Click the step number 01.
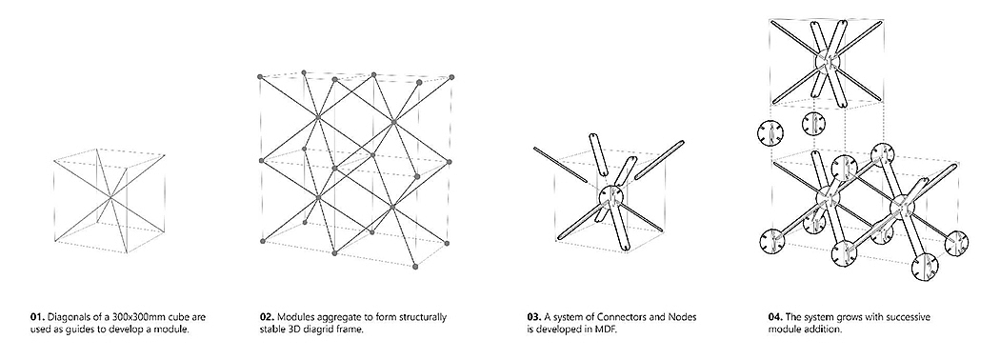(x=36, y=317)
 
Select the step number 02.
(x=267, y=317)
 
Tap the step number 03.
(x=533, y=317)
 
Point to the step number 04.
(x=775, y=317)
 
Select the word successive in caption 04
(x=909, y=317)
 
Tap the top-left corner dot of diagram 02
(x=260, y=77)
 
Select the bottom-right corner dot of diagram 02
(x=416, y=266)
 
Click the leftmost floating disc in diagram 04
(x=770, y=133)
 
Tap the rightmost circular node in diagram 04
(x=955, y=243)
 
